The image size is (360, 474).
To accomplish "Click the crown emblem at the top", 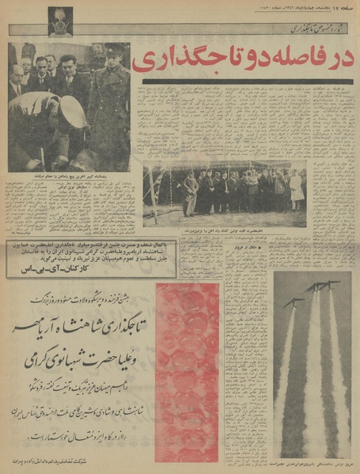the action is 60,19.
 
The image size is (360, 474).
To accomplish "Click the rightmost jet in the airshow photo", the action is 332,285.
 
